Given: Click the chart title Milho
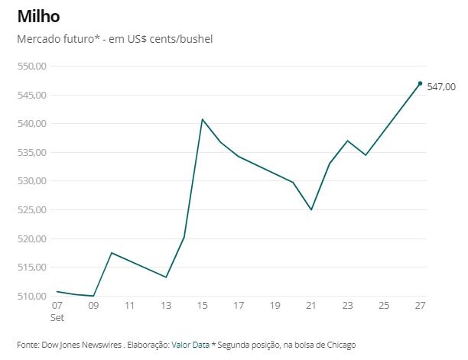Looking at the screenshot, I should tap(38, 15).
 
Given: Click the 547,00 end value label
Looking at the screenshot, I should tap(441, 86).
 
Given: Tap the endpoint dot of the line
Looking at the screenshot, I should tap(420, 83).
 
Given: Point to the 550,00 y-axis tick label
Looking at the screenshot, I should tap(31, 66).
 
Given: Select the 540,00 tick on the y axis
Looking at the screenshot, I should tap(31, 124).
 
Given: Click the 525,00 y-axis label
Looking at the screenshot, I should tap(31, 210).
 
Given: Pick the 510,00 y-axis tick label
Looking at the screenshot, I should tap(31, 296).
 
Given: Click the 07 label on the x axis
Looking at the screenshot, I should tap(57, 306).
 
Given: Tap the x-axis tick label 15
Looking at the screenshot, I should tap(202, 306).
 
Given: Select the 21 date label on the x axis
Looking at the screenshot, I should tap(311, 306).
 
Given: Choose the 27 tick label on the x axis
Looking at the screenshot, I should tap(420, 306).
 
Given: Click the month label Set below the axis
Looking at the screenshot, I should tap(57, 316).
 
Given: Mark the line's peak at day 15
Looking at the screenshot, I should tap(202, 119).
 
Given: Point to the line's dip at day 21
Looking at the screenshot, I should tap(311, 209).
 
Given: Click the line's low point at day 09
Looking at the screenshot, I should tap(93, 296).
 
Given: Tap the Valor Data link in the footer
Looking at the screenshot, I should tap(190, 345).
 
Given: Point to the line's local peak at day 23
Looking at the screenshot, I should tap(347, 141).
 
